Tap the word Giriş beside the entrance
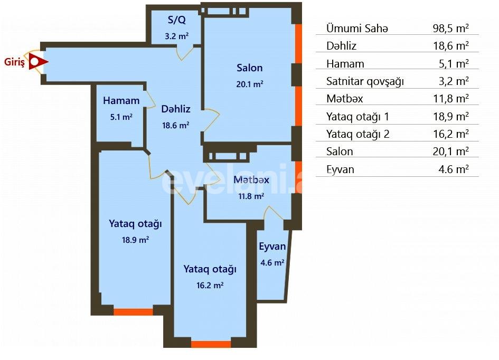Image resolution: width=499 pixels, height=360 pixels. pos(14,62)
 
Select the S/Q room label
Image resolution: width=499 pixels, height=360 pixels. pos(177,21)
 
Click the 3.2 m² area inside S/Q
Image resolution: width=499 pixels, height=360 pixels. pos(177,36)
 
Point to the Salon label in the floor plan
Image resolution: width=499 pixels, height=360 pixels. pos(249,68)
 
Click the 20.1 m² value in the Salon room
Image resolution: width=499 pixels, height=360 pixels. pos(250,83)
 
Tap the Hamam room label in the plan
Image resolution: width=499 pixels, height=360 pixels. pos(121,101)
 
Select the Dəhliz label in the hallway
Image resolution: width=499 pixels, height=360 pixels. pos(176,109)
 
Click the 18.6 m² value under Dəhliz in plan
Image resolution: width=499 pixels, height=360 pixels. pos(176,125)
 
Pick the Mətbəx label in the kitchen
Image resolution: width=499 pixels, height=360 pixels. pos(251,180)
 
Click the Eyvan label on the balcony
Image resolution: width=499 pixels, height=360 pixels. pos(272,247)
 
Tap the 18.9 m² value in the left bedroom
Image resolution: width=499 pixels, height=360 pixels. pos(135,239)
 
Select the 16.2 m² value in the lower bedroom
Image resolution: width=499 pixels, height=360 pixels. pos(210,285)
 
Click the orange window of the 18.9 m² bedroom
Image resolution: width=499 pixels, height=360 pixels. pos(134,312)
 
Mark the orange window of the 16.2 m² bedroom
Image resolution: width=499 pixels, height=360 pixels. pos(211,344)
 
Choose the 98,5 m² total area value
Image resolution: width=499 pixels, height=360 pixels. pos(450,29)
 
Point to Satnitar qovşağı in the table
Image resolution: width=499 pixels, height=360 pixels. pos(365,81)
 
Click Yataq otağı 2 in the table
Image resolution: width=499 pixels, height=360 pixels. pos(357,134)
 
